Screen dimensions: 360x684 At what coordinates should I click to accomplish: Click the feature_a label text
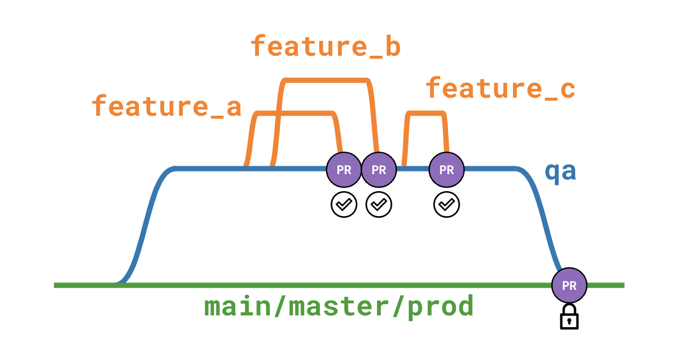coord(166,106)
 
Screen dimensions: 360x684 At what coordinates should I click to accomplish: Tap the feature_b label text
coord(325,47)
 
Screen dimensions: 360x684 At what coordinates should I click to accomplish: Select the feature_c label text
coord(500,88)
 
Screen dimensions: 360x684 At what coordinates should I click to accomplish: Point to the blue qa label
coord(560,173)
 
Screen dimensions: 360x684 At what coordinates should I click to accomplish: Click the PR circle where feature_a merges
coord(344,170)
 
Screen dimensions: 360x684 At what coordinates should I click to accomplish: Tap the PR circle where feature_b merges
coord(379,170)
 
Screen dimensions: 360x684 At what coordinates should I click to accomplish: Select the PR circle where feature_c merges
coord(447,170)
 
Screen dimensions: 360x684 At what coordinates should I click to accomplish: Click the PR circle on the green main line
coord(569,286)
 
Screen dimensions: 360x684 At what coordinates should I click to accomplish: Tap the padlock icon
coord(569,317)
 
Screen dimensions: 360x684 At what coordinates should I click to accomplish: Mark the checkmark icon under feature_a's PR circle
coord(344,204)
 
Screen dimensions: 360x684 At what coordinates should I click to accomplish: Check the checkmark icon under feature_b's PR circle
coord(379,204)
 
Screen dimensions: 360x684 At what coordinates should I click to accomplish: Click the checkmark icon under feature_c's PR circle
coord(447,204)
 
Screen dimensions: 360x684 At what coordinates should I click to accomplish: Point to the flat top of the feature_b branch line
coord(325,81)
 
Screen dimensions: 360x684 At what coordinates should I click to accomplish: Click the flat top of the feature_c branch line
coord(425,113)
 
